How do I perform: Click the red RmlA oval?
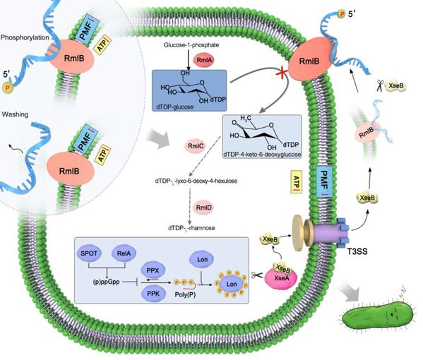click(204, 60)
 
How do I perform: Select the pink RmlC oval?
click(196, 146)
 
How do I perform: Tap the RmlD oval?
click(203, 208)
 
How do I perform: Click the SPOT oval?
click(89, 253)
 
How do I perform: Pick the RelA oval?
click(124, 253)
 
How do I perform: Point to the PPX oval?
click(153, 270)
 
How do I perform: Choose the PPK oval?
click(153, 294)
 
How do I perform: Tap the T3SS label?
click(357, 251)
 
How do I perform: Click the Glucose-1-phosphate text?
click(191, 45)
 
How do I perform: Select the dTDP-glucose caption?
click(175, 107)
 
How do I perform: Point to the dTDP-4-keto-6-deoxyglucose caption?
click(262, 155)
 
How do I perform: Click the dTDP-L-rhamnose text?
click(191, 228)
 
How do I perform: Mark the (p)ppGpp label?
click(106, 282)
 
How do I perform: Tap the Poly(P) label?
click(185, 294)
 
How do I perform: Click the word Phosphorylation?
click(25, 37)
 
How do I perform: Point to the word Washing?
click(15, 114)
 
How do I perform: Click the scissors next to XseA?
click(257, 275)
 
